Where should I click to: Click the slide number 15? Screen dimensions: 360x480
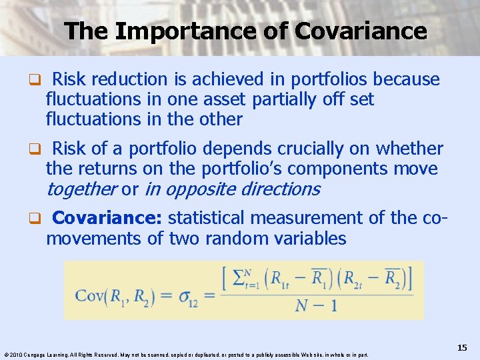click(462, 348)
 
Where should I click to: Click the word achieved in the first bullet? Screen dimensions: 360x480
click(228, 79)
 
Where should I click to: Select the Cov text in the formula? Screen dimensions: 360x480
click(89, 294)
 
